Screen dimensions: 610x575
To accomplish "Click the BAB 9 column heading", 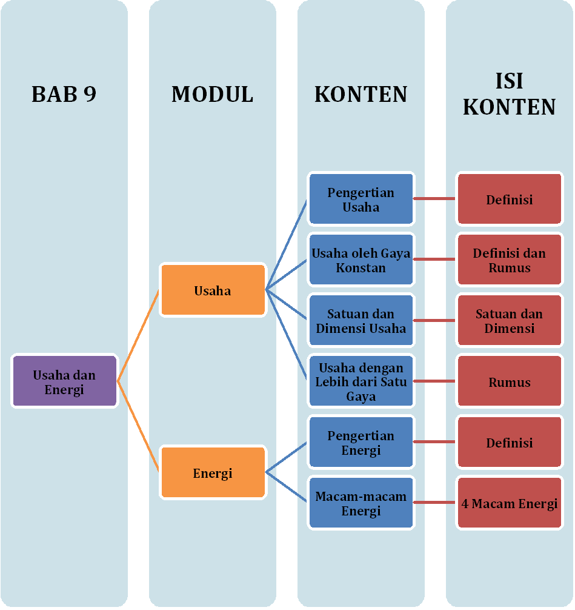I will coord(64,94).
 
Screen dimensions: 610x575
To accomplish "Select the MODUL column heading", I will coord(212,94).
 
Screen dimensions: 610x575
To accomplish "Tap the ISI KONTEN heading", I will coord(509,94).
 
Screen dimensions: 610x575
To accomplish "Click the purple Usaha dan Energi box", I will coord(64,382).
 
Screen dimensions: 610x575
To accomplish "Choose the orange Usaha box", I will coord(212,290).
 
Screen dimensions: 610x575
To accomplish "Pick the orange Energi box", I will coord(212,474).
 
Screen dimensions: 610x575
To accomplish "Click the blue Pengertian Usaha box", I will coord(361,199).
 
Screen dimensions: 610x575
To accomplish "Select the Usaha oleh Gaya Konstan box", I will coord(361,260).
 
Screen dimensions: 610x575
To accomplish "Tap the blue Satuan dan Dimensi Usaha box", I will coord(361,321).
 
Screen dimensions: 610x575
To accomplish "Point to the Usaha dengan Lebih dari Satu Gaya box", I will coord(361,382).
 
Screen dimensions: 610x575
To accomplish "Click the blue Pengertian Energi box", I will coord(361,443).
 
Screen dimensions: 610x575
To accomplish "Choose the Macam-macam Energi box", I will coord(361,503).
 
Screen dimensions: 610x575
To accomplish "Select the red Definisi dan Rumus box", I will coord(509,260).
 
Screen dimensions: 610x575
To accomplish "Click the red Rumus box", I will coord(509,382).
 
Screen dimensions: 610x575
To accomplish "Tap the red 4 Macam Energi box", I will coord(509,503).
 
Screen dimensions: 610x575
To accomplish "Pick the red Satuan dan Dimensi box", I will coord(509,321).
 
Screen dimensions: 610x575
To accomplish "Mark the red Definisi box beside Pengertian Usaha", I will coord(509,199).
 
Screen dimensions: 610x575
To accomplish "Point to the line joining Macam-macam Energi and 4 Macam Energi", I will coord(434,503).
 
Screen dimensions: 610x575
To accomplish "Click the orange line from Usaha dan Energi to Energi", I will coord(138,427).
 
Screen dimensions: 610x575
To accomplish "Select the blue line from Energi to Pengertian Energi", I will coord(287,457).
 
